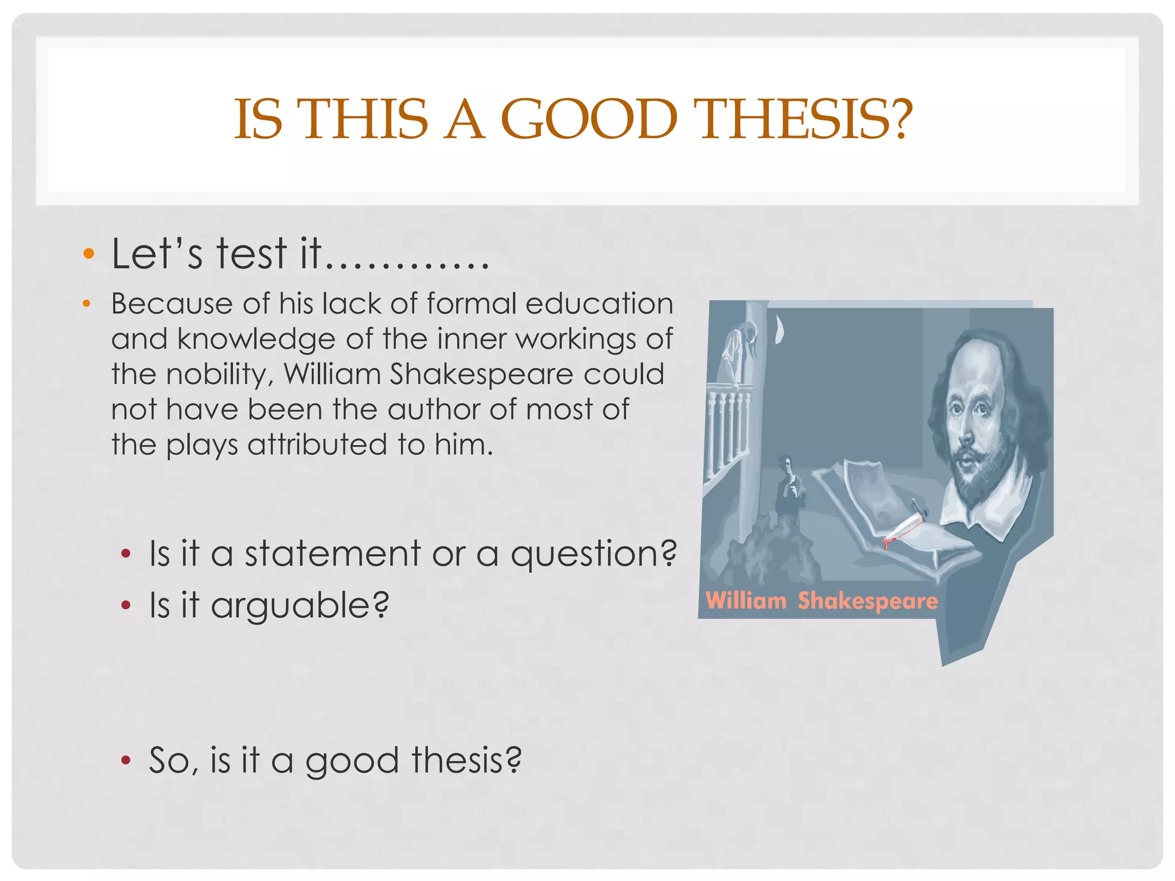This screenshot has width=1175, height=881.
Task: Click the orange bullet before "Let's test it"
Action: pos(88,254)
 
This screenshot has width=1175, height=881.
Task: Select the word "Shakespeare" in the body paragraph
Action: pos(481,375)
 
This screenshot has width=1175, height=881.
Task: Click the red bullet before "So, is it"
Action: pos(126,761)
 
